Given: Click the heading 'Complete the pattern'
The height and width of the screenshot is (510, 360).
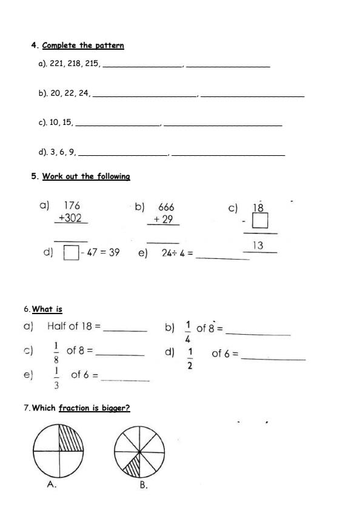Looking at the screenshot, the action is tap(83, 45).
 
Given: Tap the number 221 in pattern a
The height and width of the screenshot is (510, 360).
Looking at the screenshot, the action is tap(57, 62).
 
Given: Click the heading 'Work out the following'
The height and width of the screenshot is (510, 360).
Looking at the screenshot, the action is tap(86, 176).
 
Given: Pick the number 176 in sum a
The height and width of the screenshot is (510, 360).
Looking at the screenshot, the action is tap(72, 206).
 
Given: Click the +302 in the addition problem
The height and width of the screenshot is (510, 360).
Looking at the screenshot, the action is tap(70, 218).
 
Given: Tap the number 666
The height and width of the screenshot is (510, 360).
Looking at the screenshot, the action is tap(165, 207).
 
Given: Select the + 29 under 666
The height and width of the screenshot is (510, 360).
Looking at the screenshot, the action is tap(163, 220).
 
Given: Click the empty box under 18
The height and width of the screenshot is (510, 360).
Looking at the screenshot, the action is tap(260, 221).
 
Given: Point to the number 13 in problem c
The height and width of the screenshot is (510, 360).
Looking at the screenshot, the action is tap(258, 245).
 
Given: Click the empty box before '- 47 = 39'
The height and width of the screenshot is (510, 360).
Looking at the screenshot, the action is tap(71, 253).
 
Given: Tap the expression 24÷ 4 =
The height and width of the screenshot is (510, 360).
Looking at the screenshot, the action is tap(177, 254).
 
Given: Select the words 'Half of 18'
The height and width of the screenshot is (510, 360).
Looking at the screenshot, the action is tap(73, 326).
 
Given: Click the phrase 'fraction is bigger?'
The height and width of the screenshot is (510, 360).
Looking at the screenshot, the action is tap(94, 408).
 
